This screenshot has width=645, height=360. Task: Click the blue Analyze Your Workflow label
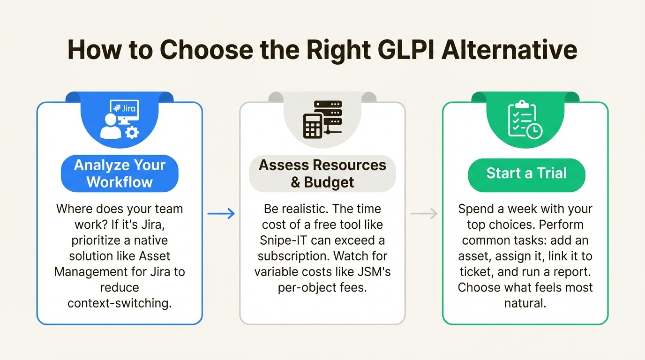coord(120,173)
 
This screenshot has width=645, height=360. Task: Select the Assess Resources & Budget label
coord(322,173)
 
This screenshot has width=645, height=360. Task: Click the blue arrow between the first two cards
coord(221,214)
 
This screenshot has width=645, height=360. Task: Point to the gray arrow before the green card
coord(424,214)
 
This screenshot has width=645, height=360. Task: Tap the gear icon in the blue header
coord(132,133)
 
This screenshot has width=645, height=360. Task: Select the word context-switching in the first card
coord(120,303)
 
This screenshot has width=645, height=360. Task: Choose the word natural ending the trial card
coord(525,303)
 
